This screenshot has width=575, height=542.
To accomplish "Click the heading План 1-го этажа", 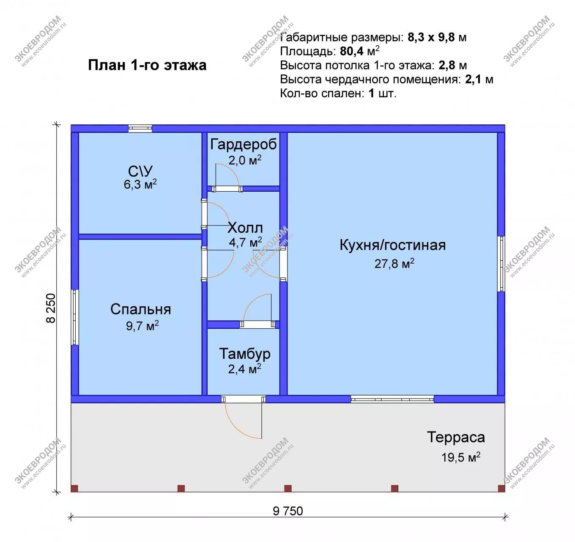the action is coord(147,65).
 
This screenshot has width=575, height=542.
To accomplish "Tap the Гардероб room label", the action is coord(243,144).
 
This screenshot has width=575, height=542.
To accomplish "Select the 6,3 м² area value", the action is coord(140,184).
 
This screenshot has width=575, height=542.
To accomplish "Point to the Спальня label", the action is coord(141,309).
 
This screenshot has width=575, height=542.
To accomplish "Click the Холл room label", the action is coord(245,228).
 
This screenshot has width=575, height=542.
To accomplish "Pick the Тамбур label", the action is coord(245,354).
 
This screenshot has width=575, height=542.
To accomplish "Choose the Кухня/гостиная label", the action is coord(393,245).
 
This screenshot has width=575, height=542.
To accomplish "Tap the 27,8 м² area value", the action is coord(394,264).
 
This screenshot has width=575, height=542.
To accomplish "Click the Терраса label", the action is coord(456,437).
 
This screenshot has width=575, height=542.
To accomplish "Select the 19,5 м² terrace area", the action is coord(461,457).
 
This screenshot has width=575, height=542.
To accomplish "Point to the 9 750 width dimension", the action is coord(288,511).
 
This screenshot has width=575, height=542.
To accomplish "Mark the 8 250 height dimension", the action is coord(51,308).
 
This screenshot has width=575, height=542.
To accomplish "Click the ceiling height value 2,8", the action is coord(447,66).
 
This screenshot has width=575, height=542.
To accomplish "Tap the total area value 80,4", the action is coord(351,52).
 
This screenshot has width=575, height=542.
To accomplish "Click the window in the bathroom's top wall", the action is coord(140,128).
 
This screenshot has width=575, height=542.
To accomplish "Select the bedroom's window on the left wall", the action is coord(75,317).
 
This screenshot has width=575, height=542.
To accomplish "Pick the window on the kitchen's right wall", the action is coord(501,264).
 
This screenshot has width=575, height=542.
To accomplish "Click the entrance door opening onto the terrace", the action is coord(244,399).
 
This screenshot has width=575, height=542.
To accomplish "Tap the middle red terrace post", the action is coord(288,488).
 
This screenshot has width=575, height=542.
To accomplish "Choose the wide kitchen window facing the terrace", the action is coord(392,399).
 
